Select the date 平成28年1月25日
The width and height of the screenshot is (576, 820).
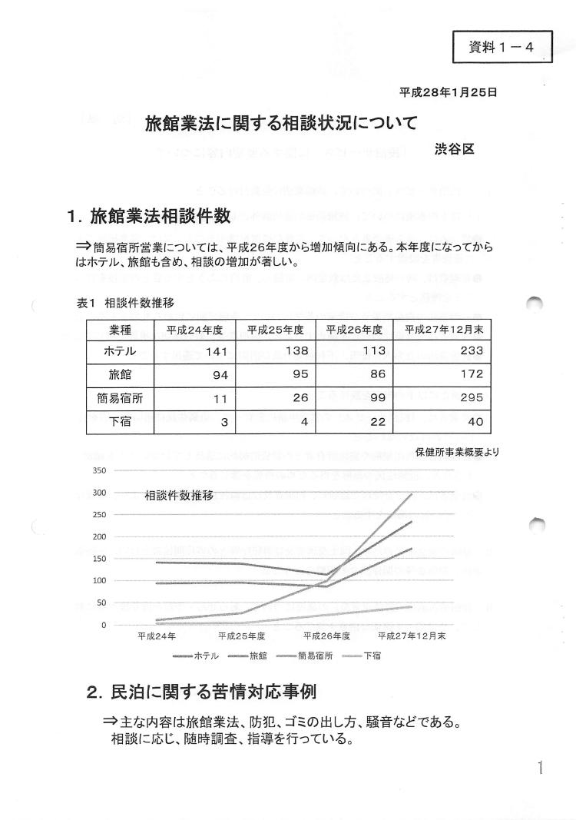click(x=449, y=92)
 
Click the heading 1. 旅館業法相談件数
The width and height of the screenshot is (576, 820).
click(x=150, y=217)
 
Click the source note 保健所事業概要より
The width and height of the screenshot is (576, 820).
click(x=456, y=452)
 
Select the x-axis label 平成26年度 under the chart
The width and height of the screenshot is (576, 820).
click(x=327, y=636)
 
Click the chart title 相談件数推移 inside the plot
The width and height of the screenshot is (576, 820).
click(x=179, y=496)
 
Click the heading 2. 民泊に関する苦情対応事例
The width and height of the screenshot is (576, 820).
click(x=202, y=692)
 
